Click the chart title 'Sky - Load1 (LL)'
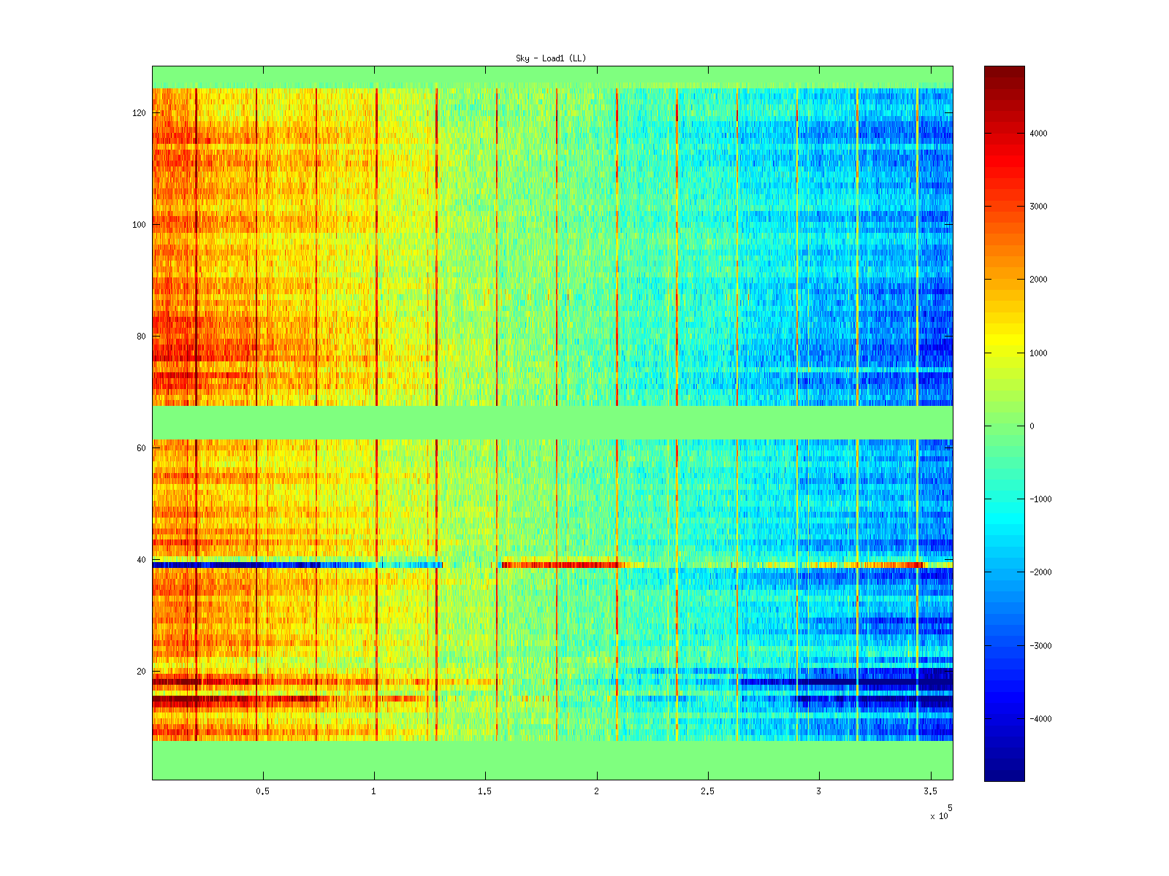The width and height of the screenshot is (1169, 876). pyautogui.click(x=551, y=58)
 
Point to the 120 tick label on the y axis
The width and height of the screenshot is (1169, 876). pyautogui.click(x=139, y=113)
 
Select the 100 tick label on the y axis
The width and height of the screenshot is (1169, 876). pyautogui.click(x=139, y=225)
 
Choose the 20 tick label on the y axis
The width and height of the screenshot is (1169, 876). pyautogui.click(x=140, y=672)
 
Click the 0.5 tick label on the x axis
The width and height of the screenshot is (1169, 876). pyautogui.click(x=263, y=791)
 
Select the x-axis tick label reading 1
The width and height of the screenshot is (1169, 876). pyautogui.click(x=374, y=791)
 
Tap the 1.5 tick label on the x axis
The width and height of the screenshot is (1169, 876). pyautogui.click(x=485, y=791)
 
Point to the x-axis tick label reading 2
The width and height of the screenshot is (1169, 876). pyautogui.click(x=597, y=791)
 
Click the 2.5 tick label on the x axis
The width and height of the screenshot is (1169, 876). pyautogui.click(x=707, y=791)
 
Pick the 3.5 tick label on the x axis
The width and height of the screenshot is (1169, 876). pyautogui.click(x=930, y=791)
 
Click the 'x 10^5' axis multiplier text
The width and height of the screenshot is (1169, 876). pyautogui.click(x=940, y=814)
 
